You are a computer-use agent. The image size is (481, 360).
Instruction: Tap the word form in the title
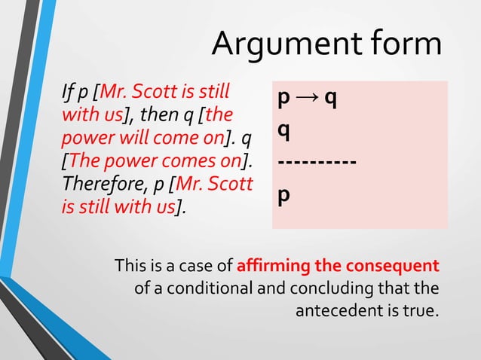coord(404,44)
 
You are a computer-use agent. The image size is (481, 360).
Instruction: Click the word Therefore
coord(97,185)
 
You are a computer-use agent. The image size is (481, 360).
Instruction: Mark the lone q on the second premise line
coord(283,131)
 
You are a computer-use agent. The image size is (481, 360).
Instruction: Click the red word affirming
coord(271,266)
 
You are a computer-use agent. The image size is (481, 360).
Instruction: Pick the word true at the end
coord(421,310)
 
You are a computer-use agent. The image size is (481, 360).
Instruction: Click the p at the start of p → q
coord(283,100)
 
